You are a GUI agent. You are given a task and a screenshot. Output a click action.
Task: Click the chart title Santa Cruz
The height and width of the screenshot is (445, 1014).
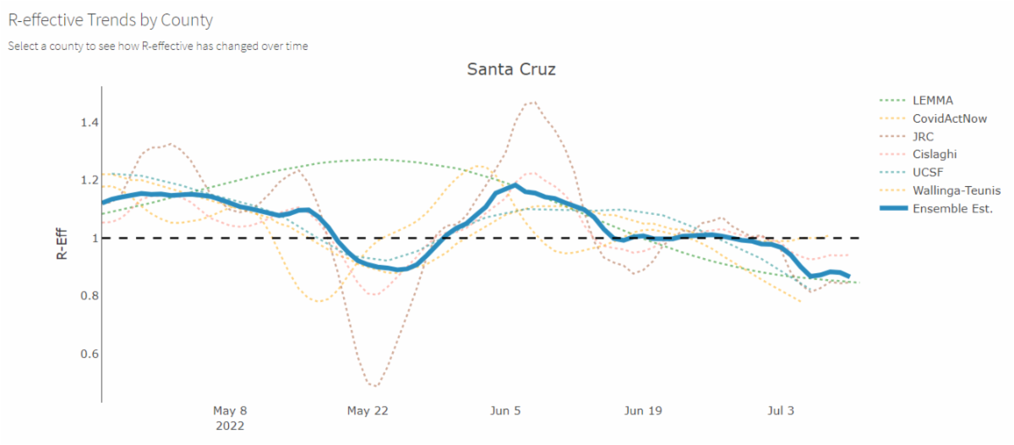tap(511, 69)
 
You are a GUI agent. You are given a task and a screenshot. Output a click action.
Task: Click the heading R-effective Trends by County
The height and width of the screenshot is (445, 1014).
tap(110, 19)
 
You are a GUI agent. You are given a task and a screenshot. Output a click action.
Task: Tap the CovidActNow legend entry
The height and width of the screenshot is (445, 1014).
tap(949, 118)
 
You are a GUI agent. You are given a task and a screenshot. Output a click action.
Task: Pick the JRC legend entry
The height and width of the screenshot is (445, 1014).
tap(924, 136)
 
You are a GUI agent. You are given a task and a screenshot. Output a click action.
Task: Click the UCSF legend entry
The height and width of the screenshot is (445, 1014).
tap(927, 173)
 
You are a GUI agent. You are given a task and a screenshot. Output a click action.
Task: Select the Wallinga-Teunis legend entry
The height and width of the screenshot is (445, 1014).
tap(956, 190)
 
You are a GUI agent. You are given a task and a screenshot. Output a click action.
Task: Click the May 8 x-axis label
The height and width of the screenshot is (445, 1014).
tap(230, 411)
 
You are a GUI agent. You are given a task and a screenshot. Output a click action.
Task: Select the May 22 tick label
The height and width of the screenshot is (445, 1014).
tap(368, 411)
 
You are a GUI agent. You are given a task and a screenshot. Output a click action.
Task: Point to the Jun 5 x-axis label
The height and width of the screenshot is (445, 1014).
tap(505, 411)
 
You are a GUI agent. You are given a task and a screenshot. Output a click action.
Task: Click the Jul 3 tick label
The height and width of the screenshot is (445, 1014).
tap(780, 411)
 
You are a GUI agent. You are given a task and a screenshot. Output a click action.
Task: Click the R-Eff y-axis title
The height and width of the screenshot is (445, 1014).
tap(63, 238)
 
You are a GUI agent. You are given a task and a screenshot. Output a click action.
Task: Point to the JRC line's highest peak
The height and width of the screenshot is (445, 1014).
tap(532, 102)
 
